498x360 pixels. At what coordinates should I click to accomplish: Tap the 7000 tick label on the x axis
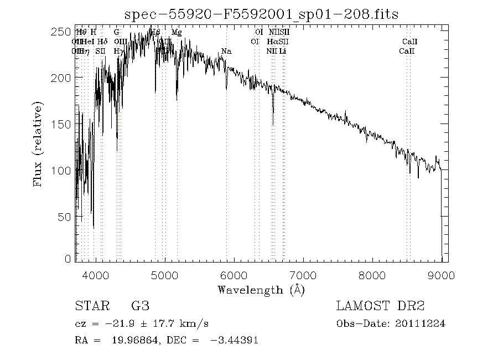(303, 275)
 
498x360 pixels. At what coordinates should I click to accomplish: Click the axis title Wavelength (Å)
(261, 290)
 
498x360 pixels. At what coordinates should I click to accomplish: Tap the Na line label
(226, 51)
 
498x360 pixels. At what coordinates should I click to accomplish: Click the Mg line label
(177, 33)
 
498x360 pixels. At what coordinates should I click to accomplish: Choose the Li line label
(282, 51)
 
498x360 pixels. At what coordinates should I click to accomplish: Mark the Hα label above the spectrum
(272, 42)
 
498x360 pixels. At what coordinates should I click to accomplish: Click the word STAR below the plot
(90, 306)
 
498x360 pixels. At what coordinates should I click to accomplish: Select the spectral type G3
(140, 306)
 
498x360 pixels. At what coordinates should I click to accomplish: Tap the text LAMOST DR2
(380, 306)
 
